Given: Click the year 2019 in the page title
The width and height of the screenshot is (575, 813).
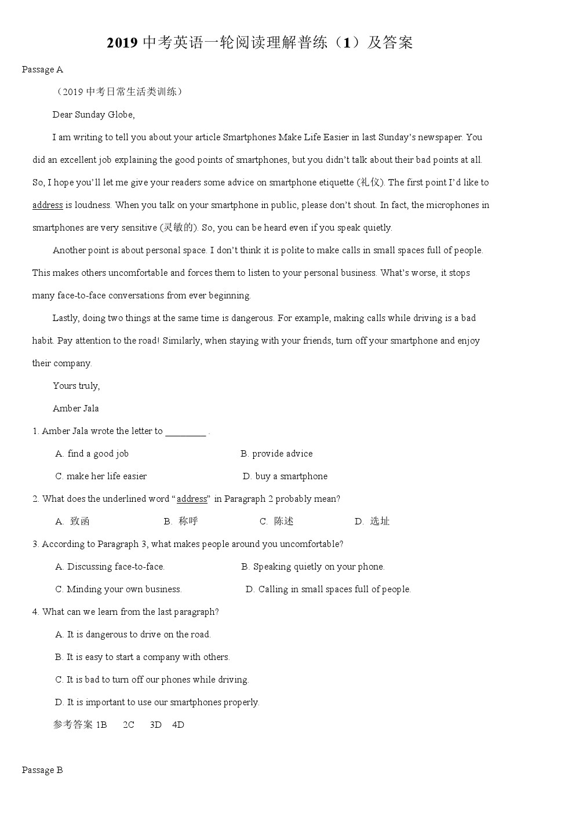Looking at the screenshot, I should point(122,43).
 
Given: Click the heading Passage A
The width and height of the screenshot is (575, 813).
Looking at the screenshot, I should point(42,70).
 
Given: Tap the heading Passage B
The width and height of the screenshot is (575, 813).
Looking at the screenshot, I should point(42,770).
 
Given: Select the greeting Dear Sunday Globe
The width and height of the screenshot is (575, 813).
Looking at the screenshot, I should point(93,115).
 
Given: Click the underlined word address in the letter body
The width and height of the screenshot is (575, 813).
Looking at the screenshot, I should point(48,205).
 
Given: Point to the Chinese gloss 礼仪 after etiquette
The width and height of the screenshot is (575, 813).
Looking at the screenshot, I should point(371,183).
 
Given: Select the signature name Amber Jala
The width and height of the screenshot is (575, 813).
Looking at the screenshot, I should point(76,409).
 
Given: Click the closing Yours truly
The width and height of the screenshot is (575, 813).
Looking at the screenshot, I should point(76,386).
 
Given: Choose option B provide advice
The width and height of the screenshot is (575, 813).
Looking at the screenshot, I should point(276,454).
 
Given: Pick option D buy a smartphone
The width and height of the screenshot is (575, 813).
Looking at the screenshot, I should point(285,476).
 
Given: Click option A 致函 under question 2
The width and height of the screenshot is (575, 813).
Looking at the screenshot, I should point(73,522).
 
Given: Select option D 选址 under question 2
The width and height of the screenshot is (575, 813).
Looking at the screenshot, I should point(373,522).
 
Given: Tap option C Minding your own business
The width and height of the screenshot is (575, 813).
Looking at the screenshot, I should point(118,589).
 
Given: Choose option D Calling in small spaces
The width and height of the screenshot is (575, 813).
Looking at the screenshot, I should point(328,589).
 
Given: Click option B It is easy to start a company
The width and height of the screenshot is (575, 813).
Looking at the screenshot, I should point(142,657).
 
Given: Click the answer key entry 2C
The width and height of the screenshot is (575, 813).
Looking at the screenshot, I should point(129,725).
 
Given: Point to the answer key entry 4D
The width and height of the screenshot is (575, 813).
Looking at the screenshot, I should point(178,725).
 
